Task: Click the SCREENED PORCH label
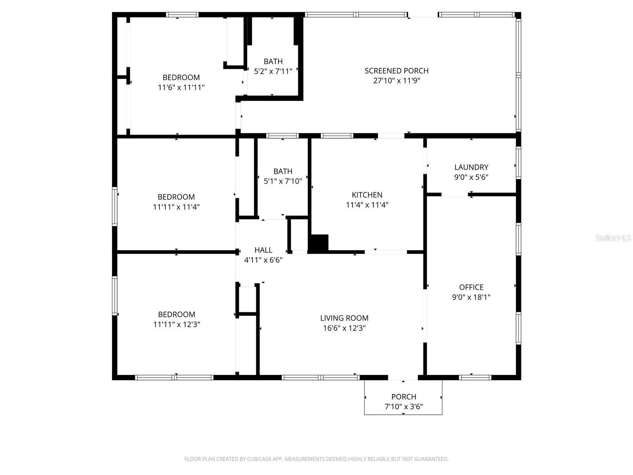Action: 396,71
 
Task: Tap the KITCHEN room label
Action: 367,195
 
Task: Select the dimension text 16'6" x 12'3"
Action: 344,328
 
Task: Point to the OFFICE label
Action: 471,287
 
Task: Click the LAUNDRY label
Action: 471,167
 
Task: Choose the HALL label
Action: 263,250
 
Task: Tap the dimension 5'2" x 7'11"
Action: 273,71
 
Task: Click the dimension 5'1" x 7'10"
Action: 283,181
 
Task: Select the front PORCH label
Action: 404,397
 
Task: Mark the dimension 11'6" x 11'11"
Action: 181,87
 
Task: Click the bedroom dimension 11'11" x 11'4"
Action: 176,207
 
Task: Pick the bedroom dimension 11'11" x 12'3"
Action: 176,325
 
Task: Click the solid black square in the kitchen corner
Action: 318,243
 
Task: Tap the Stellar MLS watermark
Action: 613,238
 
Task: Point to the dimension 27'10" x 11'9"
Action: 396,81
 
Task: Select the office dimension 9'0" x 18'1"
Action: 471,297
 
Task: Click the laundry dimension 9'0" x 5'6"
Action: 471,177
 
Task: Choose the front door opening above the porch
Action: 403,377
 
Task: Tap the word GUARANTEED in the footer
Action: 432,459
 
